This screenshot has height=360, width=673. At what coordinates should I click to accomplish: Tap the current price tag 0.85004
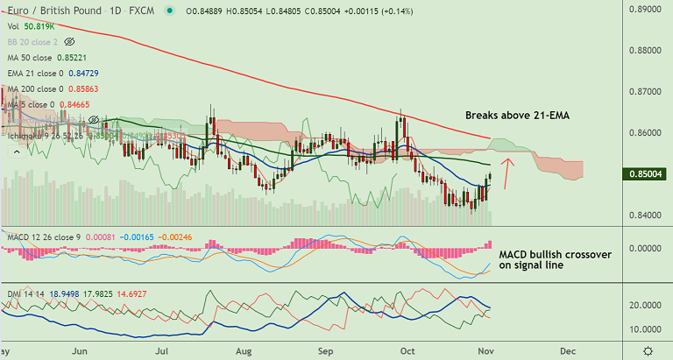648,174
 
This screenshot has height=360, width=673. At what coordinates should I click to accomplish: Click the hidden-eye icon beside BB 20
69,42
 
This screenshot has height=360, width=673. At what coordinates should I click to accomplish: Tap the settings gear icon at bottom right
647,349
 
